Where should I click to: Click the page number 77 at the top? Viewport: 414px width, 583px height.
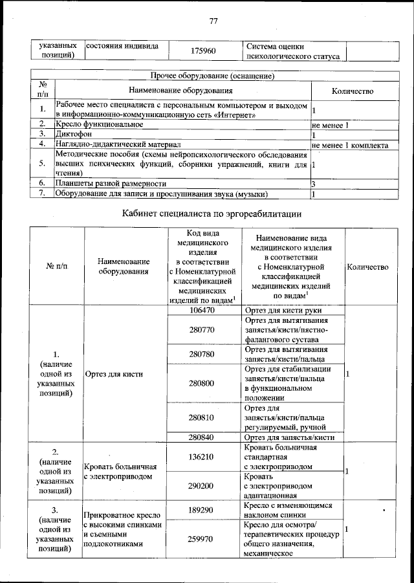click(213, 21)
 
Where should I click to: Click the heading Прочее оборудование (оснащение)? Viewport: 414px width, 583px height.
click(213, 76)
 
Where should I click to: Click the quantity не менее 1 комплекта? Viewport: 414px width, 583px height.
click(349, 145)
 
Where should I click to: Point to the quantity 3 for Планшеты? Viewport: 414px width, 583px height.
click(314, 184)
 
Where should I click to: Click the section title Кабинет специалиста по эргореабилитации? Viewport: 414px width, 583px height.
click(213, 213)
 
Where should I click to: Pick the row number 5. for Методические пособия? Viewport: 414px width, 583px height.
click(42, 164)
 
